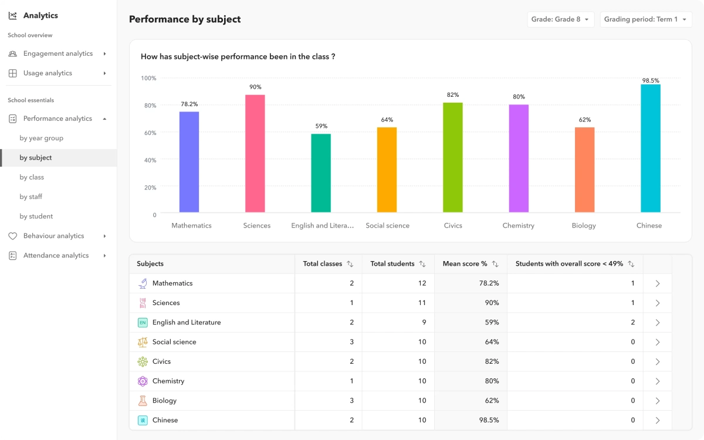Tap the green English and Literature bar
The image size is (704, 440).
321,173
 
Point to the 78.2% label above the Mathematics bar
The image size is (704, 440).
189,104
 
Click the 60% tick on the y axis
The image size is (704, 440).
150,133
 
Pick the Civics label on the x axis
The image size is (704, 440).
452,225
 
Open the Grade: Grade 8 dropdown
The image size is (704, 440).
560,19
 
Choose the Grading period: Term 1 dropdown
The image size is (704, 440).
645,19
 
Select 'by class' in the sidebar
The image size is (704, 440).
32,177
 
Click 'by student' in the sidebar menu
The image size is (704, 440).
36,216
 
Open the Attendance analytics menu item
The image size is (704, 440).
56,255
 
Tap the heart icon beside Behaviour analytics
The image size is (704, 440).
12,236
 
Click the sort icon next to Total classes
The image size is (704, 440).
350,264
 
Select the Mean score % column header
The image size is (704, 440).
465,264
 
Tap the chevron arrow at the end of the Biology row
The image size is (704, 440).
657,401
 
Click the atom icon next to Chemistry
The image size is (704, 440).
143,381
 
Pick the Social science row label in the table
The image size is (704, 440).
174,342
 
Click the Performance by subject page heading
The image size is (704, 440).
185,19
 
